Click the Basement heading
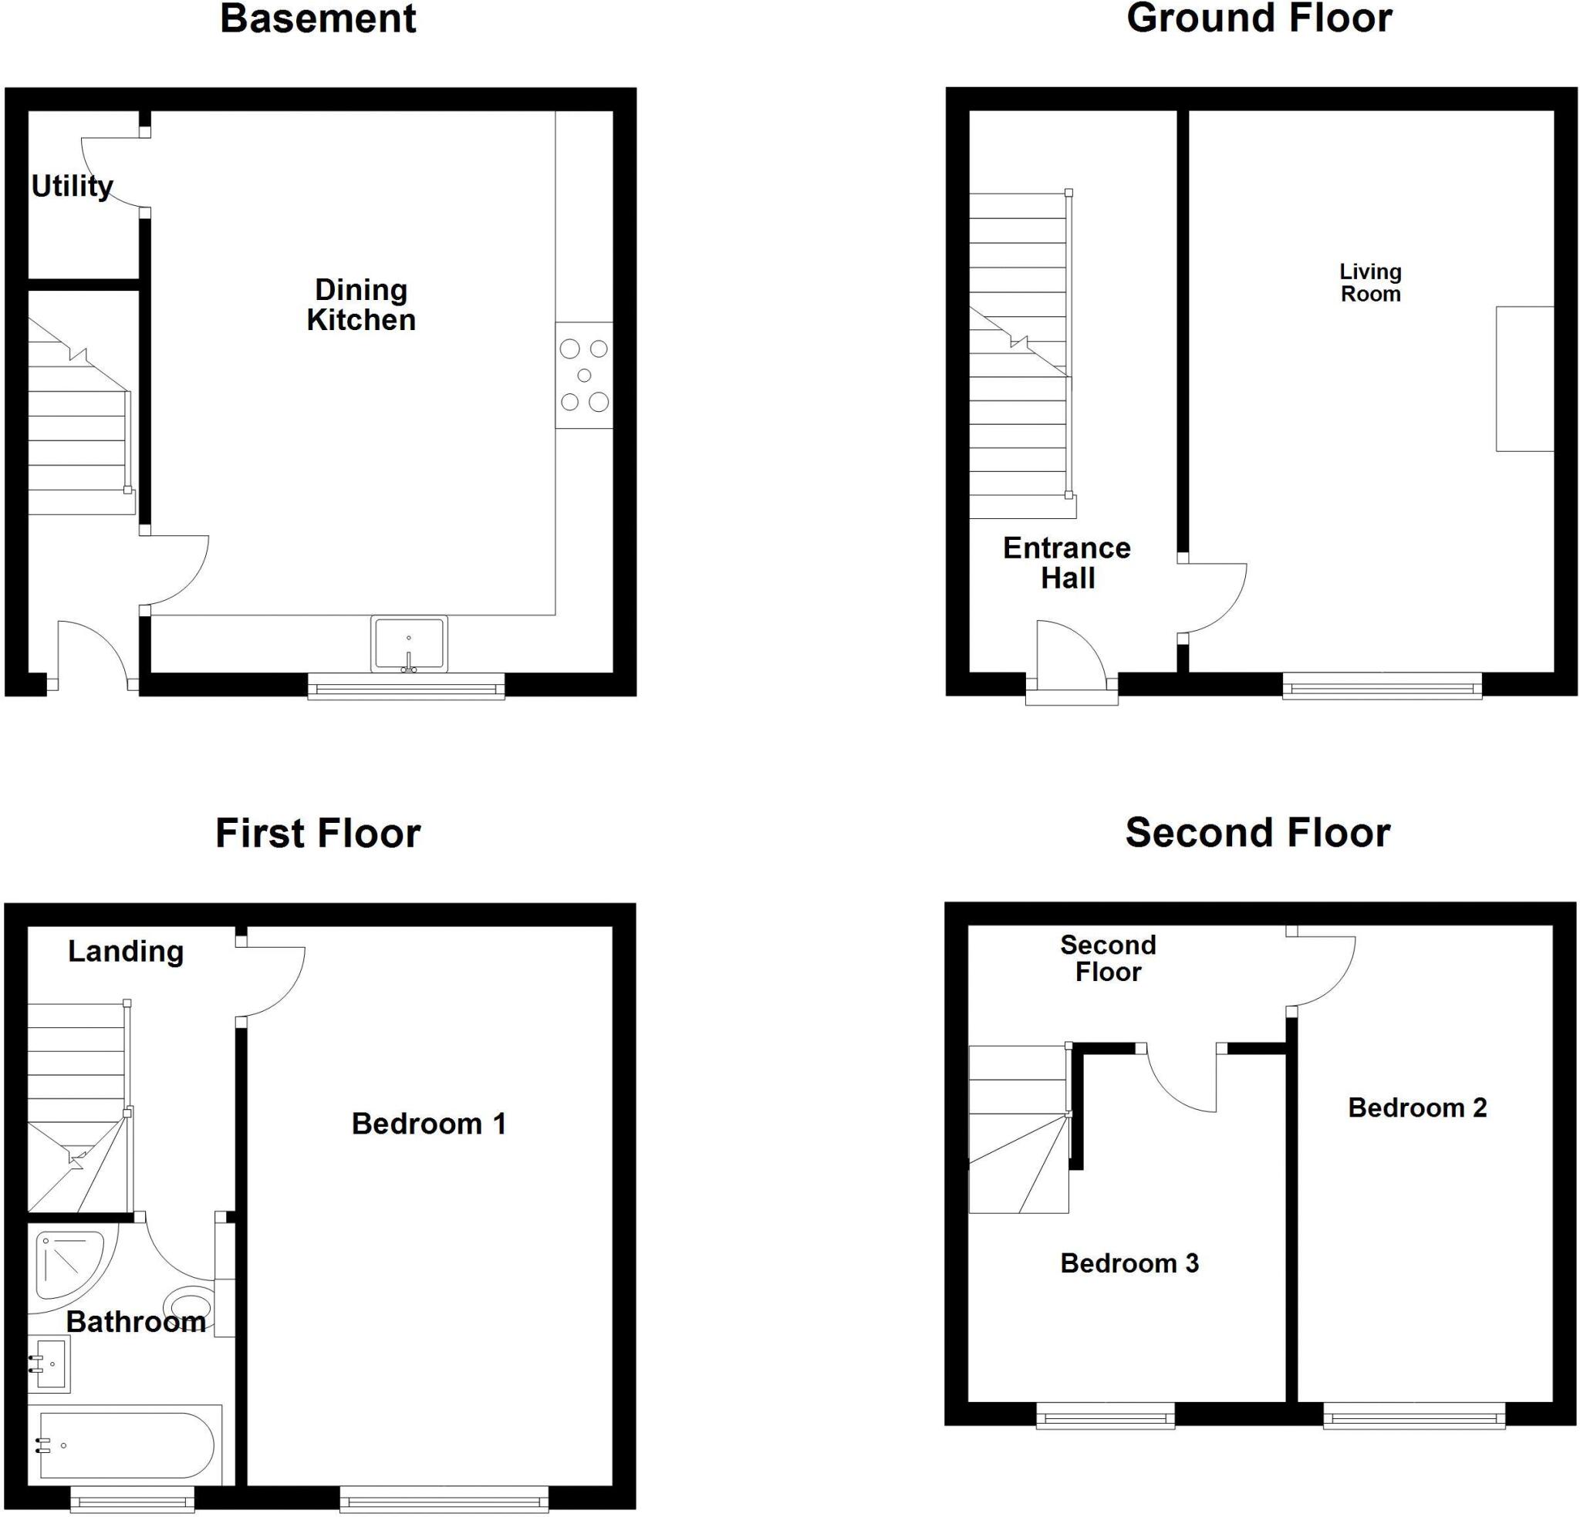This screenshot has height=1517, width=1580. [318, 19]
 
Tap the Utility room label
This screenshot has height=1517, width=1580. [72, 186]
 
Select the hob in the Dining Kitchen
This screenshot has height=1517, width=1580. [584, 375]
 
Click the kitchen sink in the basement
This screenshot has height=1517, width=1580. [409, 644]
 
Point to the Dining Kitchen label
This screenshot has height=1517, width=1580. [360, 305]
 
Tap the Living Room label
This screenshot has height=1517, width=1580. [1370, 283]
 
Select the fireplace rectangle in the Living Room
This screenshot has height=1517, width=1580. [1524, 378]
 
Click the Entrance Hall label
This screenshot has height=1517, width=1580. [1066, 563]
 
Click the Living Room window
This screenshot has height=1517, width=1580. [1382, 686]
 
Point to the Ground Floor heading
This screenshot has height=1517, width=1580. [1259, 19]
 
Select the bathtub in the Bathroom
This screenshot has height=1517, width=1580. [125, 1446]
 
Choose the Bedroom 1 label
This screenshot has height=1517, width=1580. [428, 1124]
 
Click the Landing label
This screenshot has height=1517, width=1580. [126, 951]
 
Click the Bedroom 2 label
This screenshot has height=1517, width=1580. [1417, 1107]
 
